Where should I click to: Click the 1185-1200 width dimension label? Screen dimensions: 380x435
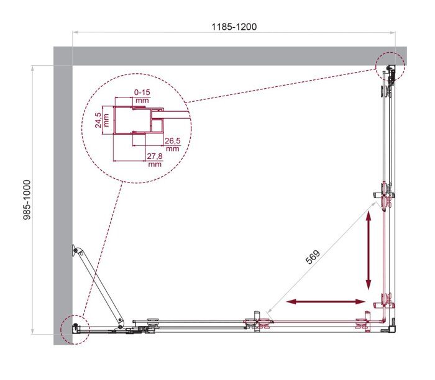tap(233, 27)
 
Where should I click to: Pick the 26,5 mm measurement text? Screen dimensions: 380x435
tap(173, 144)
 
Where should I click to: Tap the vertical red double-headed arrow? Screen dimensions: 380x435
tap(369, 251)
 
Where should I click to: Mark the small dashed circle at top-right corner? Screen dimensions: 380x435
tap(390, 67)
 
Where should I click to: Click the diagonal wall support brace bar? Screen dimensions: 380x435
tap(98, 286)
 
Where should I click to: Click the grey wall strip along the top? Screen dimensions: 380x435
tap(230, 56)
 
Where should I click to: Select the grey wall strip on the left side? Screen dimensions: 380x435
tap(63, 199)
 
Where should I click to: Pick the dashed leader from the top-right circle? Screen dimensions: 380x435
tap(280, 84)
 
